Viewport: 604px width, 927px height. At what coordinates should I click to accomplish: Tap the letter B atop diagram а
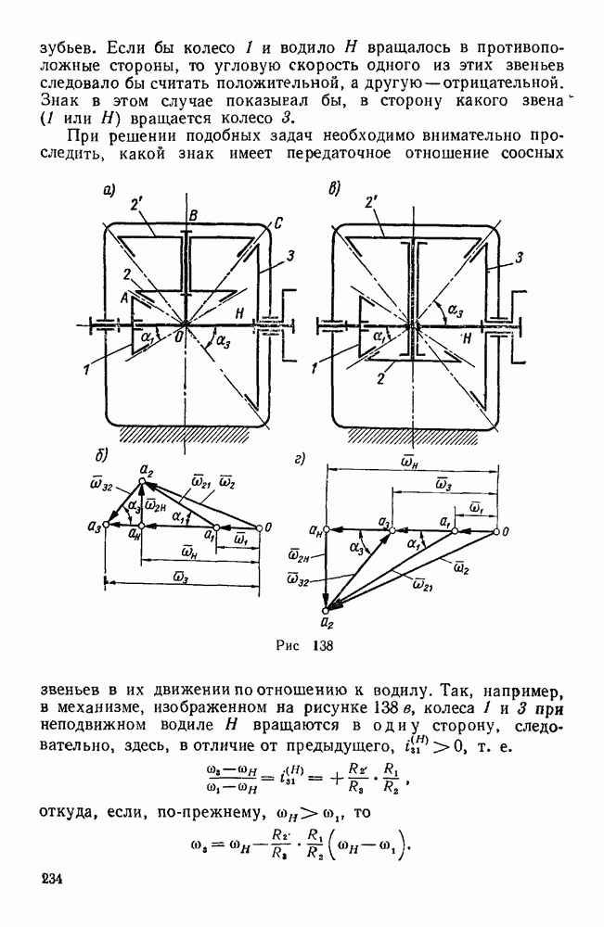pyautogui.click(x=193, y=216)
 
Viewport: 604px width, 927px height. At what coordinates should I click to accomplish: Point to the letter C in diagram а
pyautogui.click(x=278, y=222)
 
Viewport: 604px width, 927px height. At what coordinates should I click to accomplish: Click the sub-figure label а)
pyautogui.click(x=109, y=192)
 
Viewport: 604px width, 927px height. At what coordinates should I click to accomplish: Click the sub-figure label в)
pyautogui.click(x=334, y=191)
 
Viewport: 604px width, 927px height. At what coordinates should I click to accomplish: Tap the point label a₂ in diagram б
pyautogui.click(x=145, y=471)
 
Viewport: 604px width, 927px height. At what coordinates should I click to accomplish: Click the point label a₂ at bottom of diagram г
pyautogui.click(x=327, y=626)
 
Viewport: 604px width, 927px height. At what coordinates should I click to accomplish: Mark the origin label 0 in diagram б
pyautogui.click(x=268, y=527)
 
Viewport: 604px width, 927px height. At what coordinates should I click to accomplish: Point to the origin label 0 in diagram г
pyautogui.click(x=508, y=531)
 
